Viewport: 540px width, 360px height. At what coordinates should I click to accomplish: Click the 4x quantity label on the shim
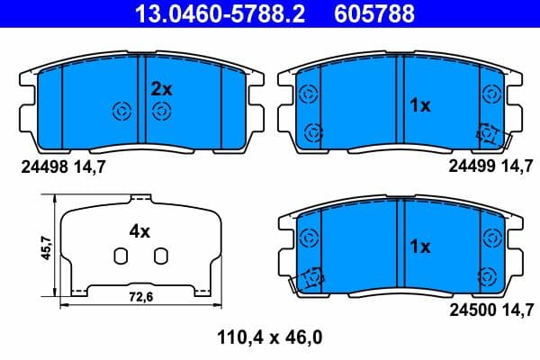(x=139, y=231)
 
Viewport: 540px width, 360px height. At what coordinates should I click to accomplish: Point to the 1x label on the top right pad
(x=420, y=106)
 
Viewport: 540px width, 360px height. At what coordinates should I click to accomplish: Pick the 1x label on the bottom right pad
(x=420, y=247)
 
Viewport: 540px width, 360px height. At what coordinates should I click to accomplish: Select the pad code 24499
(x=469, y=166)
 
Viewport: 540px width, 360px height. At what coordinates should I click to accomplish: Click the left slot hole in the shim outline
(x=118, y=256)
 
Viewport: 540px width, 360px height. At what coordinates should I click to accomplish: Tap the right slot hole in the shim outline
(x=159, y=256)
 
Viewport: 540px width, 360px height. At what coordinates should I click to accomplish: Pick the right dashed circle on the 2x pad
(x=161, y=112)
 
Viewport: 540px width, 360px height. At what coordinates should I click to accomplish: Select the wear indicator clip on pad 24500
(x=312, y=279)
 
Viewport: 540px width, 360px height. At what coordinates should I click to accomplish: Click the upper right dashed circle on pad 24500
(x=490, y=238)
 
